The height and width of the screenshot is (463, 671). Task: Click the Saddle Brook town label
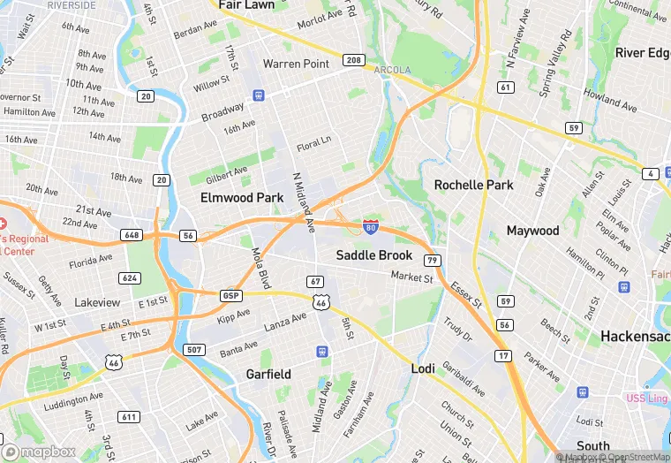point(374,255)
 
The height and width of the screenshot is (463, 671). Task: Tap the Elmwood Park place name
point(242,198)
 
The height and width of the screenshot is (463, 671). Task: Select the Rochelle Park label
point(473,186)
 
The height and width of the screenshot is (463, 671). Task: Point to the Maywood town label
point(532,231)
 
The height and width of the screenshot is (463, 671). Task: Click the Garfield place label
point(268,374)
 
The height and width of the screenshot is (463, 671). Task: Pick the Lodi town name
point(424,368)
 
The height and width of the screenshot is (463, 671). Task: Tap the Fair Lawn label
point(246,5)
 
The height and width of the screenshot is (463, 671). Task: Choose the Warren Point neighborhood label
point(296,64)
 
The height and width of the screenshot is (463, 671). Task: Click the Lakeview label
point(97,302)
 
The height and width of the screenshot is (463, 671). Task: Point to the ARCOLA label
point(392,70)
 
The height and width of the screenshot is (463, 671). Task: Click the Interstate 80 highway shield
point(372,228)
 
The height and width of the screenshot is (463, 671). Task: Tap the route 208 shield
point(352,61)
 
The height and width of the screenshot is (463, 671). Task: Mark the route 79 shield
point(432,260)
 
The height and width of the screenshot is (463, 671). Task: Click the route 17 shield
point(504,356)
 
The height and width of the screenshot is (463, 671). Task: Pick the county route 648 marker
point(132,235)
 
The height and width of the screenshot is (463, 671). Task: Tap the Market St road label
point(412,277)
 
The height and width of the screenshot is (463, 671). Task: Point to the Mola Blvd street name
point(261,268)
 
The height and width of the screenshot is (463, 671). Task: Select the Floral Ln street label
point(313,142)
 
